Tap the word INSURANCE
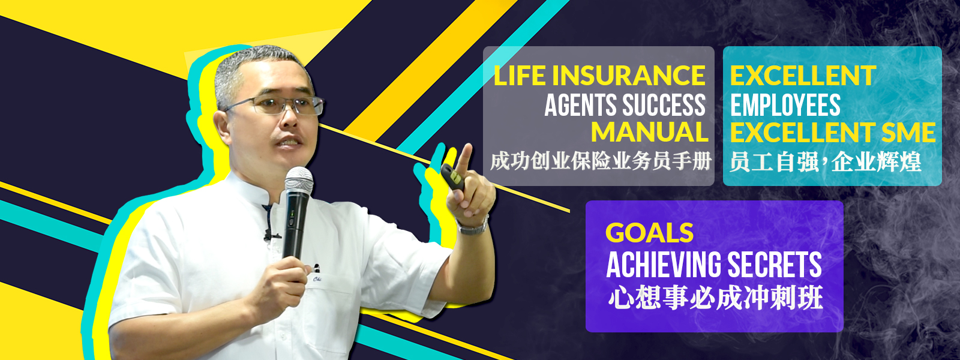629,76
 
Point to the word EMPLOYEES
785,105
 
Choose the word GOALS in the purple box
649,233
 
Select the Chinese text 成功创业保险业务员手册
601,162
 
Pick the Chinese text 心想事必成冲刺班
715,298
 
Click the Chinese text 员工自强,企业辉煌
825,162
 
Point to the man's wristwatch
473,226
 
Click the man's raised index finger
463,159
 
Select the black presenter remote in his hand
453,177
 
